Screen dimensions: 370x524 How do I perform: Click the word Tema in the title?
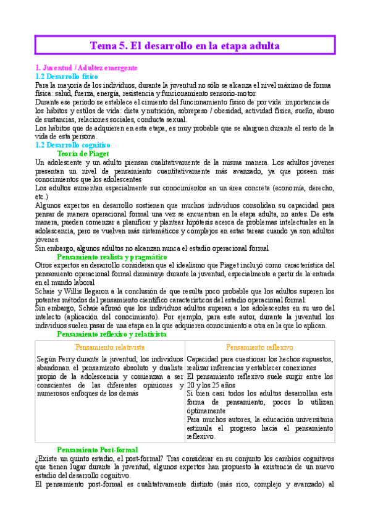point(103,46)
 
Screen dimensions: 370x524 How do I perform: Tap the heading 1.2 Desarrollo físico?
point(66,75)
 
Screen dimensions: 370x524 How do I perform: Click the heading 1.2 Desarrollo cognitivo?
point(73,144)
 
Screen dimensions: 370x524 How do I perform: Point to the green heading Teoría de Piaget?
point(82,152)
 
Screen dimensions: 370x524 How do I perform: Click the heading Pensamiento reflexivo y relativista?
point(111,334)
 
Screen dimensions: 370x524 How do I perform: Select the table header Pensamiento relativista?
point(111,347)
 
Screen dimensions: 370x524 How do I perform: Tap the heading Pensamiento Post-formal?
point(98,449)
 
